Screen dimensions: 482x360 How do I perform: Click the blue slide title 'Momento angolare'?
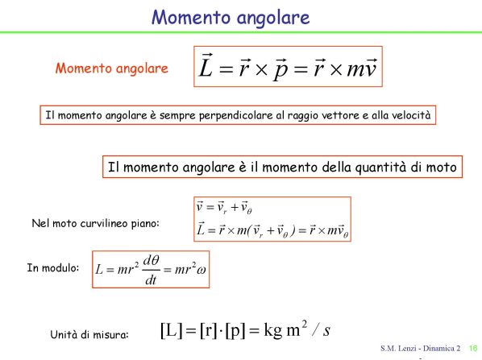(231, 18)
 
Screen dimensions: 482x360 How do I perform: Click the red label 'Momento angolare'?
(111, 68)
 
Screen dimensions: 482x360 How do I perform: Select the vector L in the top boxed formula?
(206, 65)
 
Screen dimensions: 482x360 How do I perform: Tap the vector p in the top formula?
(280, 70)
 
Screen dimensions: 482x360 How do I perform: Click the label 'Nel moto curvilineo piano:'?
(96, 223)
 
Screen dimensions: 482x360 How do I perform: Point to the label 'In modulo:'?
(53, 268)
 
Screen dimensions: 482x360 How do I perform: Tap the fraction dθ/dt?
(151, 271)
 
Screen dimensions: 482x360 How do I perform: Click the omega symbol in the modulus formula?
(202, 271)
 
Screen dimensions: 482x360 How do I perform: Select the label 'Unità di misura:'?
(89, 334)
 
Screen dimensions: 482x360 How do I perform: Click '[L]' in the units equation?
(171, 330)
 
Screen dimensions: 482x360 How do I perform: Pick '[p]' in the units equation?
(235, 331)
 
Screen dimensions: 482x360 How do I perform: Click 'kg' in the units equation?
(273, 331)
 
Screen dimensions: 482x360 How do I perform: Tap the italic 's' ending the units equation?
(326, 331)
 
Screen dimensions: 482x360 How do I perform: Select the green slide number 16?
(473, 349)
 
